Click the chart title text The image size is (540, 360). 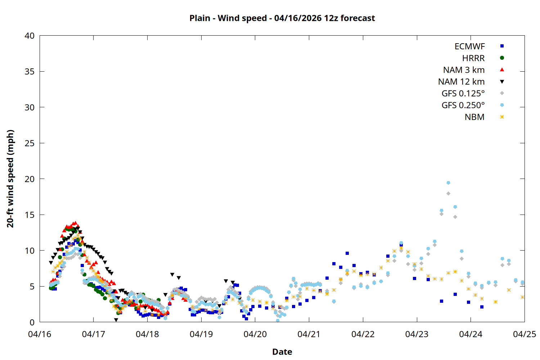282,18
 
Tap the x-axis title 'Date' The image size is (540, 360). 282,352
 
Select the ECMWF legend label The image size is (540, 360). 469,46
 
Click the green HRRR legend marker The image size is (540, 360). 502,58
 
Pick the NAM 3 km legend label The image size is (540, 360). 464,70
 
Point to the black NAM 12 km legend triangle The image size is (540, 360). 502,82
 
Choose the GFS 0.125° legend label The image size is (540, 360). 463,94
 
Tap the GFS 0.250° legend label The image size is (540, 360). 463,105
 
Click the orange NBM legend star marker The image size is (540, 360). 502,117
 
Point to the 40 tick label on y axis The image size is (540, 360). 30,36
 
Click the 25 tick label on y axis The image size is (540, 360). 30,143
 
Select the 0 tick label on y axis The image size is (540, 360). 32,323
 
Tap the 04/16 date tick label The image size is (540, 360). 40,334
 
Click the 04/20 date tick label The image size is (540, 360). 255,334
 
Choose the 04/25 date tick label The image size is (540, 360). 524,334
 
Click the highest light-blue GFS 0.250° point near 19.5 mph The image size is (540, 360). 448,183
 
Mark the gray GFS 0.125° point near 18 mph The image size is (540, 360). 448,194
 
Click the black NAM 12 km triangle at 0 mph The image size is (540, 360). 116,320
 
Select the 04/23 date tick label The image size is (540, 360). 417,334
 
